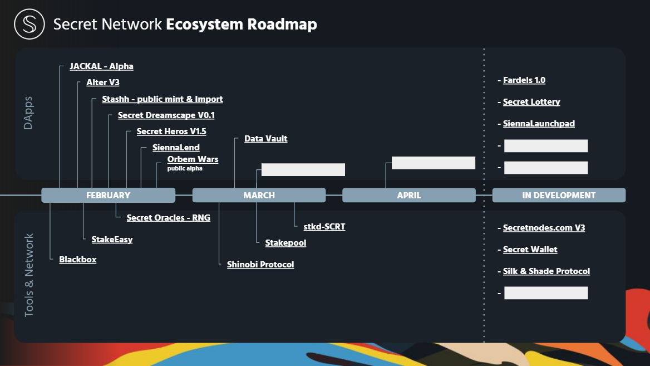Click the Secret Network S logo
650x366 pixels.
[29, 25]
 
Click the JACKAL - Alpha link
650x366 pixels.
[101, 66]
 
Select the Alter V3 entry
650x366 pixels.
[103, 82]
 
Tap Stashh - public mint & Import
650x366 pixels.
[162, 99]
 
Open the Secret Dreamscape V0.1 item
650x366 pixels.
[166, 115]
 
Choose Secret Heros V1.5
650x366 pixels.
[171, 131]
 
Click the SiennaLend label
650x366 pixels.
[176, 148]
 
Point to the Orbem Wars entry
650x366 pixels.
[193, 159]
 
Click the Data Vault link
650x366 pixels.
[265, 139]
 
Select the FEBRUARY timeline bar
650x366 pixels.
[108, 196]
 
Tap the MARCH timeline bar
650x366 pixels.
[259, 196]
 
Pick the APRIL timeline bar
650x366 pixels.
[409, 196]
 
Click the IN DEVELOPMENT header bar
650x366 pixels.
[559, 196]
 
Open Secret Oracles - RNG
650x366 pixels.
[168, 218]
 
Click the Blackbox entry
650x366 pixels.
[78, 260]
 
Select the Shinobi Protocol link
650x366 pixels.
[260, 265]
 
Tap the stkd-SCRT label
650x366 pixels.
[324, 227]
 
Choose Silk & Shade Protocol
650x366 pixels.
[546, 271]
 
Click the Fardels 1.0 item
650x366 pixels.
[524, 81]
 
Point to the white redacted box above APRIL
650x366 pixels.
[434, 163]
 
